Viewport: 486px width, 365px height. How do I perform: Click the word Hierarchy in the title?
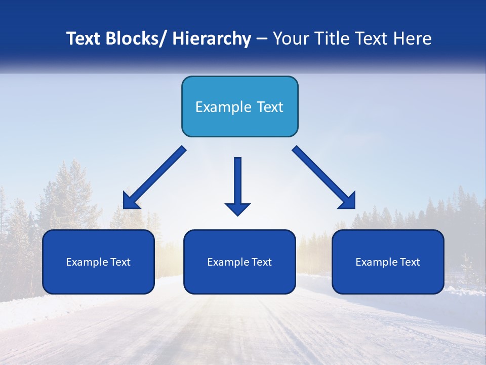click(211, 39)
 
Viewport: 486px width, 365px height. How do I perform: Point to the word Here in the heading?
click(413, 39)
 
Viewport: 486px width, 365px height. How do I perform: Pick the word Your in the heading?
click(291, 39)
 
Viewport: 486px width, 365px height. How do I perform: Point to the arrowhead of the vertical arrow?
click(237, 208)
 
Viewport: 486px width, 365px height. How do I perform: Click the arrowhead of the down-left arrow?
click(130, 201)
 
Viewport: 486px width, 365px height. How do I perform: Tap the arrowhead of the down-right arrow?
click(348, 201)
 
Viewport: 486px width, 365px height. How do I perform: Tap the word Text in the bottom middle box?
click(262, 262)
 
